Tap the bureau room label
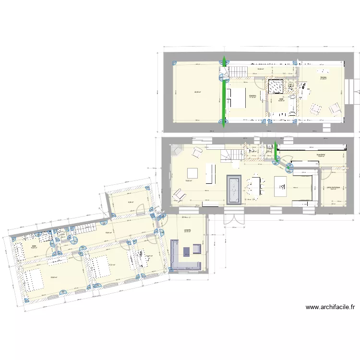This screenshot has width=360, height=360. click(324, 78)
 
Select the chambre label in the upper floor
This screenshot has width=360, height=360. click(252, 96)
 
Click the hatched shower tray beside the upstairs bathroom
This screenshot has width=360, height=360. click(276, 86)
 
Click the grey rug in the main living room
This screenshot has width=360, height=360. click(234, 189)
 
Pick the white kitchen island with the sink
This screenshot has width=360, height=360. click(280, 186)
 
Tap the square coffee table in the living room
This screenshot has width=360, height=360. click(192, 173)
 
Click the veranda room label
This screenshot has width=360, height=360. click(187, 230)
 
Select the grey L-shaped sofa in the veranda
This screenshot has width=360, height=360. click(182, 260)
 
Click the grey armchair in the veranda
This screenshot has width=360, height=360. click(197, 249)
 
